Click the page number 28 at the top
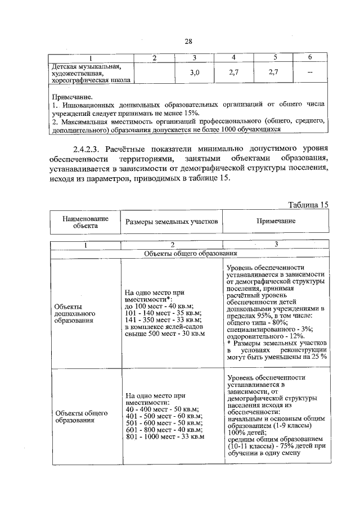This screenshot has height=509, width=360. click(188, 40)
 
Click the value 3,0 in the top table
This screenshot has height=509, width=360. click(194, 73)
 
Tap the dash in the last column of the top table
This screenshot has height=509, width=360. click(309, 73)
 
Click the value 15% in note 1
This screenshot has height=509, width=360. click(183, 113)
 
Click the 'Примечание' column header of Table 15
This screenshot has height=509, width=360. click(276, 221)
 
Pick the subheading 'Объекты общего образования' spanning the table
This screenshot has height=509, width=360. click(190, 254)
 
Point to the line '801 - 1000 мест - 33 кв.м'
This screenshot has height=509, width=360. click(165, 436)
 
